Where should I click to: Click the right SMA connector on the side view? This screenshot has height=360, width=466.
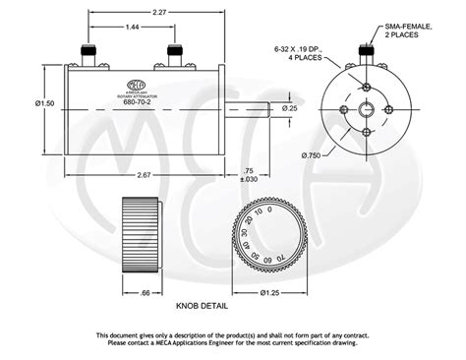point(176,57)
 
